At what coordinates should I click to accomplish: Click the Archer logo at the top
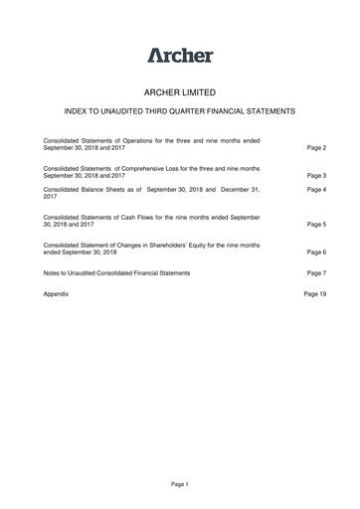click(x=180, y=55)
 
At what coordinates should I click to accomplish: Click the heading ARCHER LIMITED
click(x=180, y=89)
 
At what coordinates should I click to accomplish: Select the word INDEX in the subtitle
click(x=77, y=111)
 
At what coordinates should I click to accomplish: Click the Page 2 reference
click(x=317, y=147)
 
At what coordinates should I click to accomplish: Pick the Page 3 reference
click(x=317, y=176)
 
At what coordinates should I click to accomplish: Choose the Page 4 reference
click(x=317, y=189)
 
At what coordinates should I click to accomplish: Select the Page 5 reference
click(x=317, y=225)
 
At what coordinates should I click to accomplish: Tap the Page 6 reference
click(x=317, y=254)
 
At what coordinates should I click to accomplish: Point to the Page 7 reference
click(x=317, y=272)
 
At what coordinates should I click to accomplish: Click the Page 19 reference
click(x=315, y=295)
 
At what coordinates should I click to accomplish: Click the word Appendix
click(x=58, y=295)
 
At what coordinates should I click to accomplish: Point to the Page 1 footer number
click(x=180, y=483)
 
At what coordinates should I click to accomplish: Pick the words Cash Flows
click(x=143, y=218)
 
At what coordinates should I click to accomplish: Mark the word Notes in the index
click(x=54, y=272)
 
